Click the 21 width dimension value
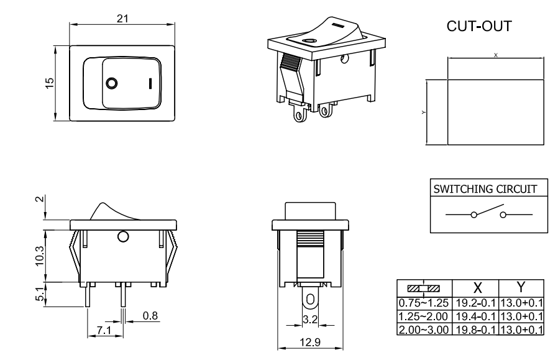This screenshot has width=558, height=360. point(123,19)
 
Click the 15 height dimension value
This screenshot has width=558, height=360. point(50,83)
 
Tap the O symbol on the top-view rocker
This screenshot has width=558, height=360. point(112,83)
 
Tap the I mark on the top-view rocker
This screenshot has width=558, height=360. point(150,83)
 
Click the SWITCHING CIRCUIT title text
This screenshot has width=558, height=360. point(487,188)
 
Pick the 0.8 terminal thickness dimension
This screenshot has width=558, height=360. point(150,316)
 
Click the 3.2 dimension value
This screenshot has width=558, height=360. point(309,321)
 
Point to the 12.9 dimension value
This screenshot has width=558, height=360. point(309,342)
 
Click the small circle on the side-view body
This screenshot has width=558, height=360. point(122,237)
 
